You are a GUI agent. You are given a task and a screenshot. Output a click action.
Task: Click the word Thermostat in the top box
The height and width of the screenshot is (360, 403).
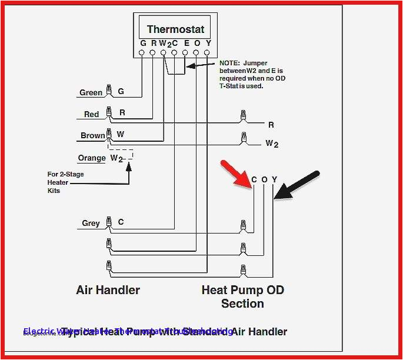pos(175,29)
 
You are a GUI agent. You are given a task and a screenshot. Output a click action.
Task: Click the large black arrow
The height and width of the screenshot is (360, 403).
pos(298,186)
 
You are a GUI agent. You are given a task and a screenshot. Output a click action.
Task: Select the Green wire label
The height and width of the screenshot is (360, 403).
pos(91,92)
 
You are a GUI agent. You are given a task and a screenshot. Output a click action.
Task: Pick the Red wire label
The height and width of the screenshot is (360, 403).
pos(92,114)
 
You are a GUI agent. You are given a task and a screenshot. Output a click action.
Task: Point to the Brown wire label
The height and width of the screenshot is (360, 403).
pos(92,135)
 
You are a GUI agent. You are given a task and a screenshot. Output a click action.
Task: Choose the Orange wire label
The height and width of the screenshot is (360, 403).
pos(92,158)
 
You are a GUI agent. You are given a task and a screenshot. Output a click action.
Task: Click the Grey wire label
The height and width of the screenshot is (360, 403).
pos(91,223)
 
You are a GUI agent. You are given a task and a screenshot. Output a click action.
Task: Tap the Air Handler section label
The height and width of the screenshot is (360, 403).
pos(108,290)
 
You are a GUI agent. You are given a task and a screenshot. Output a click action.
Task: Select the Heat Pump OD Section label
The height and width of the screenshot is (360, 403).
pos(242,296)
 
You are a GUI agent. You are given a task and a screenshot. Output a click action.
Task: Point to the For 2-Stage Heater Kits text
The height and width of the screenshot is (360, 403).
pos(58,182)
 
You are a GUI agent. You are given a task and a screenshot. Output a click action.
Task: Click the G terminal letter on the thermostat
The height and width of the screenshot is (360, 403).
pos(143,44)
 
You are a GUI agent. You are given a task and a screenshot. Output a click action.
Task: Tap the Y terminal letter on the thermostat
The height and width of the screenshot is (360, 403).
pos(208,44)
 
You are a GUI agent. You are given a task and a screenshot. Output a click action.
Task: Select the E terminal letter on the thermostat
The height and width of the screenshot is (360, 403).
pos(186,44)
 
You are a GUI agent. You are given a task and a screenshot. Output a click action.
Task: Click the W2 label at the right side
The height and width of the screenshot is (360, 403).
pos(272,143)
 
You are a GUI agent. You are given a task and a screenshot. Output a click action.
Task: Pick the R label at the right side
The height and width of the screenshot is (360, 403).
pos(271,125)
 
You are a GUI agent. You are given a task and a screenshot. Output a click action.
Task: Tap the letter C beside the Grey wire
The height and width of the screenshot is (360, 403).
pos(121,222)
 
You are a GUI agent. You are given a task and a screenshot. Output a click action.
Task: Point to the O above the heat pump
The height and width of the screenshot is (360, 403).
pos(264,179)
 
